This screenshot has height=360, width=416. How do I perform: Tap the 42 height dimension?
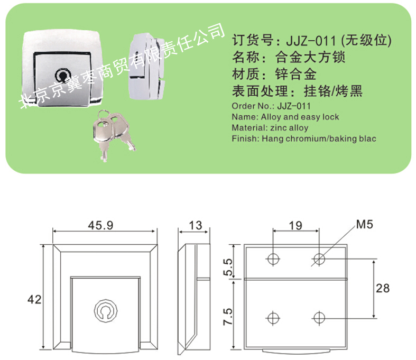tap(34, 299)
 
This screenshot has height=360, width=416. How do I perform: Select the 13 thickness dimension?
tap(195, 226)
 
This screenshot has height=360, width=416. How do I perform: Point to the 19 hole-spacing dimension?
tap(295, 226)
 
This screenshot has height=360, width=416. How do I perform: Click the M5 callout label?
tap(364, 224)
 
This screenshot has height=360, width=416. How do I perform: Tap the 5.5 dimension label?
tap(228, 267)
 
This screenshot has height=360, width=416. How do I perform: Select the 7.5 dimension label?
tap(228, 316)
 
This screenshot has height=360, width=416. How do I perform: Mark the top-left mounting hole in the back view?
tap(273, 259)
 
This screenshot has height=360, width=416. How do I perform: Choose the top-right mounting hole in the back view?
tap(319, 259)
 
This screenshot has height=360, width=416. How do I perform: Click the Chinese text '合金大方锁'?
tap(305, 56)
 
